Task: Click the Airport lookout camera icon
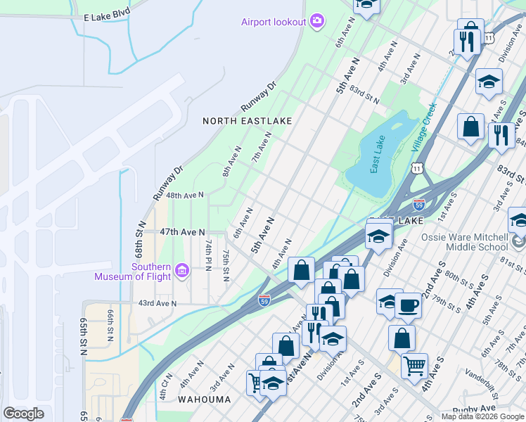[x=317, y=21]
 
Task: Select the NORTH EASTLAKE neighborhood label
[x=247, y=121]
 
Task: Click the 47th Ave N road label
[x=182, y=231]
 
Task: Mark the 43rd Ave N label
[x=157, y=303]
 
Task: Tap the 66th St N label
[x=110, y=324]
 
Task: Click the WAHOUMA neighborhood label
[x=205, y=399]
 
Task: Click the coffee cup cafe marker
[x=408, y=305]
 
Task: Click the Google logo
[x=23, y=413]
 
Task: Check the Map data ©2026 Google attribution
[x=482, y=416]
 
